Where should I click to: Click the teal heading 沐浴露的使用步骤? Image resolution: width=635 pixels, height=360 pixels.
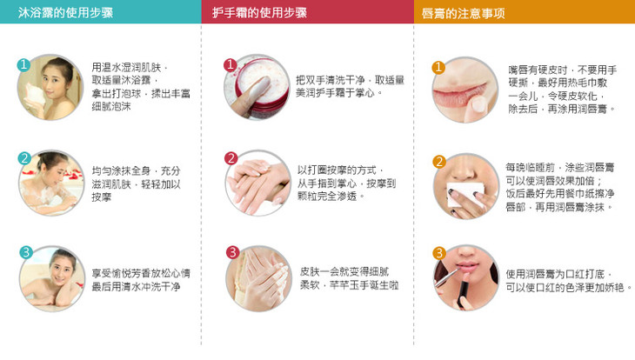click(65, 12)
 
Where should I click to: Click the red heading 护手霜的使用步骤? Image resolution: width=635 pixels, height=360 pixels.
click(259, 12)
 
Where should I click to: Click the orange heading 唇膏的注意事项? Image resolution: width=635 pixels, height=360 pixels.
click(464, 13)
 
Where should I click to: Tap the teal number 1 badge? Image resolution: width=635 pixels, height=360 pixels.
click(23, 64)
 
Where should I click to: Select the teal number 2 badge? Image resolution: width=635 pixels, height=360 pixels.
click(24, 158)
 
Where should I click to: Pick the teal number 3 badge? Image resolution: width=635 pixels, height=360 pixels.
click(26, 252)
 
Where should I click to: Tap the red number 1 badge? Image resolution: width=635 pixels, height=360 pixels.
click(230, 64)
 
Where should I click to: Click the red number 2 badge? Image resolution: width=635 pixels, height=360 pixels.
click(231, 158)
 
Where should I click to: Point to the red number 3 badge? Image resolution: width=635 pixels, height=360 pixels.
click(232, 252)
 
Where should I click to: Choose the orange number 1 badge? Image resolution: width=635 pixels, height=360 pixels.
click(438, 67)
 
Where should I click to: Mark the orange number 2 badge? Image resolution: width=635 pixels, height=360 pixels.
click(439, 162)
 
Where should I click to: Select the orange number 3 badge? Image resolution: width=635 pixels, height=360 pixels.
click(439, 253)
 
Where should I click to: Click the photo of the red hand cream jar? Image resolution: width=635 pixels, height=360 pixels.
click(257, 88)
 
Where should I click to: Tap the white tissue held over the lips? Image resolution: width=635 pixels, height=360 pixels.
click(465, 193)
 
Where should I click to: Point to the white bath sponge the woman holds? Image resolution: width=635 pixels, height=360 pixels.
click(35, 94)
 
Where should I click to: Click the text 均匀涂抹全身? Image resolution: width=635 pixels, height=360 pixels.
click(121, 171)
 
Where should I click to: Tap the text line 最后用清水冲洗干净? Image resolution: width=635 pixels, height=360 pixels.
click(136, 287)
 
